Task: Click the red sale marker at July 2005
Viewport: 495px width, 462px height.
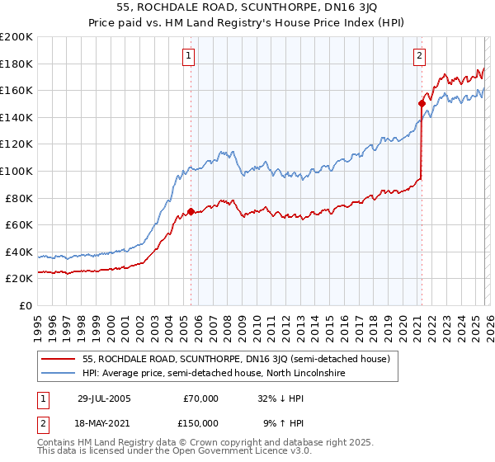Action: click(191, 211)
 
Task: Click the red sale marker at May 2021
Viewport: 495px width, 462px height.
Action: click(422, 104)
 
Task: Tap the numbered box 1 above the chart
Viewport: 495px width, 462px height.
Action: click(190, 56)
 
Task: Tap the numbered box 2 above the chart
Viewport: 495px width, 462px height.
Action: click(420, 56)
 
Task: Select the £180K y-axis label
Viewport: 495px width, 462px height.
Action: click(16, 64)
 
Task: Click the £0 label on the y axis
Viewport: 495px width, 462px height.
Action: click(25, 305)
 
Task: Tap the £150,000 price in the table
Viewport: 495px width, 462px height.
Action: click(200, 422)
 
